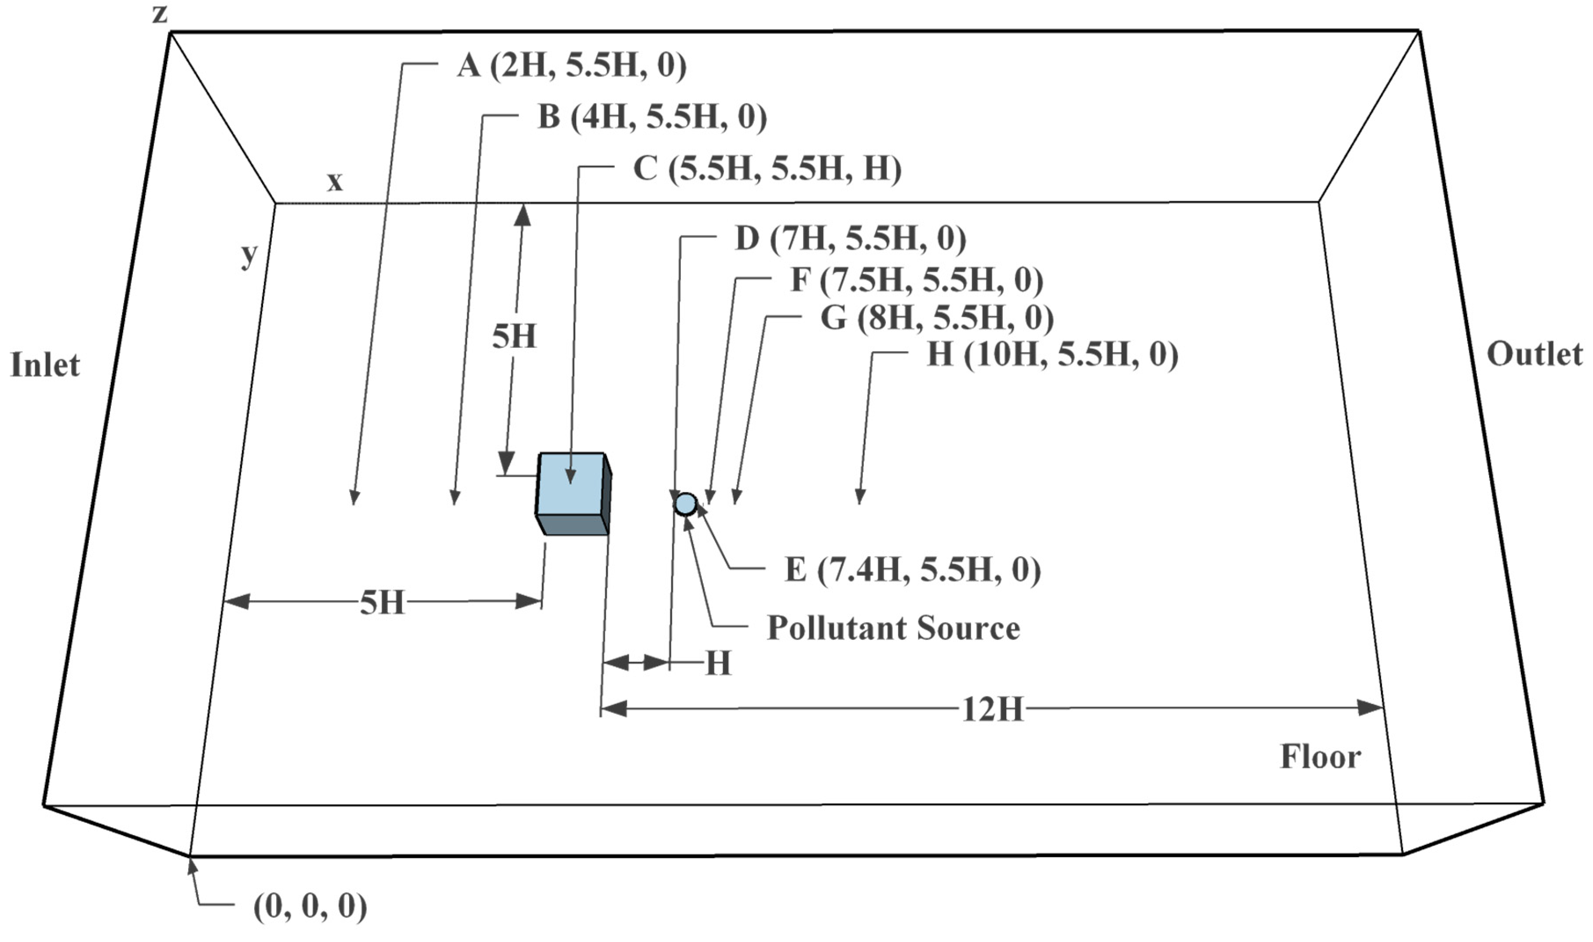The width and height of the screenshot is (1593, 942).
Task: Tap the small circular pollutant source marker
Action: tap(685, 504)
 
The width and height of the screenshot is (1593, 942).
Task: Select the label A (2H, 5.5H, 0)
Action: tap(571, 66)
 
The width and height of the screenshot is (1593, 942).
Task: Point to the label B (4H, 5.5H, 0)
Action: tap(652, 117)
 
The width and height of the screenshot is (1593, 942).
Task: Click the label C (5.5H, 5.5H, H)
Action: tap(767, 169)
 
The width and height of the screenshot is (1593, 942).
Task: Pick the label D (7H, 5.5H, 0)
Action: tap(851, 239)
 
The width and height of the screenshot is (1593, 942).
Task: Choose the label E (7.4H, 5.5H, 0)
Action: tap(913, 570)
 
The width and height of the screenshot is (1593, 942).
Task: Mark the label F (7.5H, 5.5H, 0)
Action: tap(917, 280)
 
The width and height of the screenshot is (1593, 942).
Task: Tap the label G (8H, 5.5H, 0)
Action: tap(937, 318)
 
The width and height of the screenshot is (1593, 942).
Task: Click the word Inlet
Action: tap(45, 365)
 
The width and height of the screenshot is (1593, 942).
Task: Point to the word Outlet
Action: tap(1535, 354)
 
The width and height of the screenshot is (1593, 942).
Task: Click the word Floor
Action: tap(1320, 757)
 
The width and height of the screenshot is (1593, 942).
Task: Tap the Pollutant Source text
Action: tap(893, 628)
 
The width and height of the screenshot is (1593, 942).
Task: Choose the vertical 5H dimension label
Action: tap(514, 336)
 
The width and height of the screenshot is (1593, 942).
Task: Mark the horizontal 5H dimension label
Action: tap(382, 602)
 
